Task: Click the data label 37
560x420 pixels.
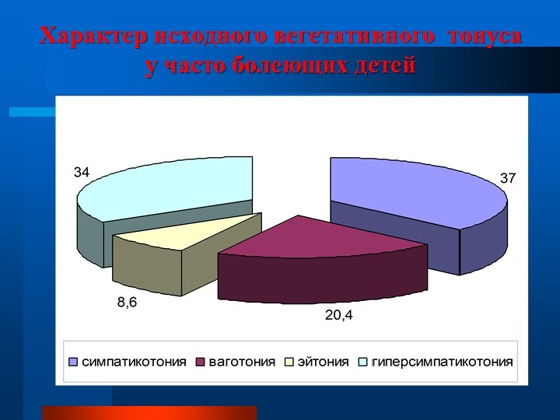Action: click(x=508, y=178)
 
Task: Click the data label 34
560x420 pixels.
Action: click(x=82, y=171)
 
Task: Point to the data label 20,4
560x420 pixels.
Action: click(x=339, y=315)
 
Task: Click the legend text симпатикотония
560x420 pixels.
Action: click(x=135, y=362)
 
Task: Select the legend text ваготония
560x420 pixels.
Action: click(x=242, y=362)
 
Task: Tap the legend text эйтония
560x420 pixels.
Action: click(x=323, y=362)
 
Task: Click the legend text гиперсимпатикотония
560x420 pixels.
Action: click(x=443, y=362)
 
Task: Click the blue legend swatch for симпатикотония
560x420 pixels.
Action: click(x=74, y=362)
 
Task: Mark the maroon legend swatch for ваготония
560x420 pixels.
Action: click(x=200, y=362)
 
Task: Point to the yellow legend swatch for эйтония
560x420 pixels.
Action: click(x=289, y=362)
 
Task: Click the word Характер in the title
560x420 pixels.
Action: click(x=93, y=37)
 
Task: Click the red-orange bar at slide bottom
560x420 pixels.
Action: click(x=149, y=413)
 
